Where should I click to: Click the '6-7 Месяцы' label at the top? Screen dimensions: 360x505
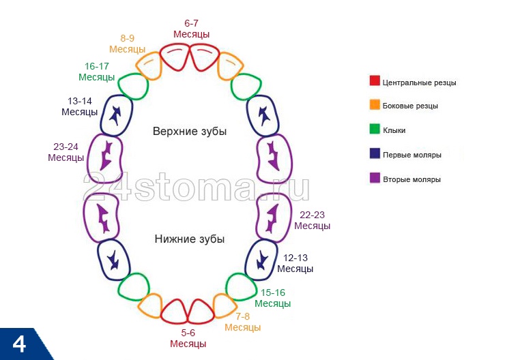point(191,29)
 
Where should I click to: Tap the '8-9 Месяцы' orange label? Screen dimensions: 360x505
point(127,44)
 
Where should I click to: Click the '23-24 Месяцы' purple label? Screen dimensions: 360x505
point(66,151)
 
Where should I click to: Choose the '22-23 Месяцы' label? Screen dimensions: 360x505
point(312,220)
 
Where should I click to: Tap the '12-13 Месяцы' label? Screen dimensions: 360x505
point(295,263)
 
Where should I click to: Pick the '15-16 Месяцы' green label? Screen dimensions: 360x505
point(273,298)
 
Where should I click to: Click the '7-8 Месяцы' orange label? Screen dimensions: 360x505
point(243,322)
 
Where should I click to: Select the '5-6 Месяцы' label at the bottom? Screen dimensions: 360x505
point(188,338)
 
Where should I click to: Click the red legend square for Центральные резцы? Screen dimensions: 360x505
point(374,81)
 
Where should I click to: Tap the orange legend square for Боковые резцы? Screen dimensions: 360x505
point(374,105)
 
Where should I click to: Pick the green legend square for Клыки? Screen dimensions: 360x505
point(374,130)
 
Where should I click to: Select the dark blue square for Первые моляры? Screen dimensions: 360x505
point(374,154)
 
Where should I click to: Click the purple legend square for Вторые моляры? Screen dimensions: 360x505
point(374,179)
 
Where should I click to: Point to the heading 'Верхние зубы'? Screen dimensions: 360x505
point(189,131)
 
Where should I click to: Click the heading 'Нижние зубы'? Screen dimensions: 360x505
point(189,239)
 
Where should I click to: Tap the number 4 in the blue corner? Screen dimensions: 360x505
point(19,344)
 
